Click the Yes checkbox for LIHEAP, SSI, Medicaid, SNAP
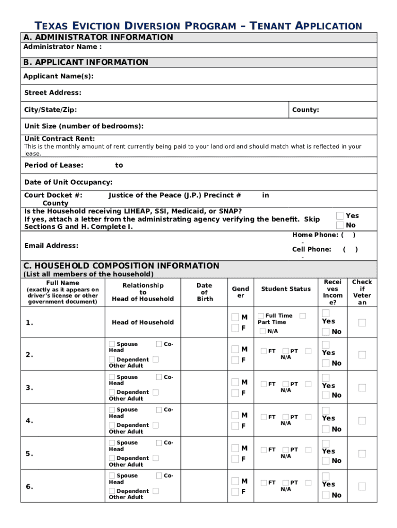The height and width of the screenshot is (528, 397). pyautogui.click(x=340, y=216)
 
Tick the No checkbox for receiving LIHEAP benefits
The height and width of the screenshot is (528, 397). pyautogui.click(x=340, y=225)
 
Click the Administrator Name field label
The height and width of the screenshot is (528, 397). pyautogui.click(x=62, y=47)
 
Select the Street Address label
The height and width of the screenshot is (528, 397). pyautogui.click(x=53, y=93)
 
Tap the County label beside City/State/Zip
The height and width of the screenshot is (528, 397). pyautogui.click(x=305, y=110)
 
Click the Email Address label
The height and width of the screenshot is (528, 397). pyautogui.click(x=51, y=245)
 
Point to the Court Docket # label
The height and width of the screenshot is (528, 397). pyautogui.click(x=53, y=195)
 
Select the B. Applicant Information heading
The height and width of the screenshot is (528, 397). pyautogui.click(x=86, y=62)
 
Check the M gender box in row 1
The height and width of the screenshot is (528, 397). pyautogui.click(x=235, y=317)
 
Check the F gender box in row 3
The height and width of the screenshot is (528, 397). pyautogui.click(x=235, y=393)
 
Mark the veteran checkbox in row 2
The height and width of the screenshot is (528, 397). pyautogui.click(x=362, y=355)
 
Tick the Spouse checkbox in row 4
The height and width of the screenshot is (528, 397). pyautogui.click(x=112, y=410)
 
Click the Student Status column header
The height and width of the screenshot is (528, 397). pyautogui.click(x=286, y=289)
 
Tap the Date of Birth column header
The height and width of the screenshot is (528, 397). pyautogui.click(x=204, y=292)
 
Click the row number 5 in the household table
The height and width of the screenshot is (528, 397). pyautogui.click(x=29, y=454)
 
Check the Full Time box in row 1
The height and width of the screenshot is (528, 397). pyautogui.click(x=261, y=316)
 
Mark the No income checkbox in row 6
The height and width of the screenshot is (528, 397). pyautogui.click(x=326, y=495)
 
